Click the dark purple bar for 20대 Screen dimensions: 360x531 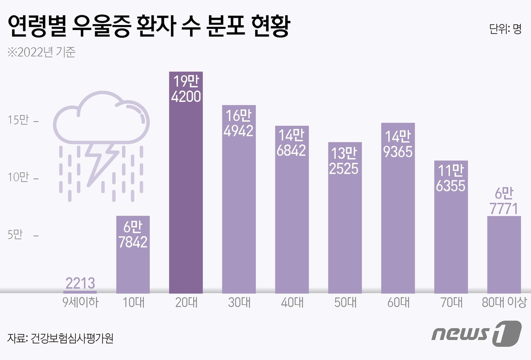pyautogui.click(x=186, y=197)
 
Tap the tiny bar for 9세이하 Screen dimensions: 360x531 pyautogui.click(x=80, y=292)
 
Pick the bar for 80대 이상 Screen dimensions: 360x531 pyautogui.click(x=504, y=258)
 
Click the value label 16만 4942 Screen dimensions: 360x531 pyautogui.click(x=239, y=123)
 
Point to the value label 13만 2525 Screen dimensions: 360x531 pyautogui.click(x=344, y=161)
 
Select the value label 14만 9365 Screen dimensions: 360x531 pyautogui.click(x=398, y=144)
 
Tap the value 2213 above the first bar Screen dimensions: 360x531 pyautogui.click(x=80, y=283)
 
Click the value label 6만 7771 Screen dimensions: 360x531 pyautogui.click(x=504, y=201)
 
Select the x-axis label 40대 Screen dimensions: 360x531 pyautogui.click(x=292, y=302)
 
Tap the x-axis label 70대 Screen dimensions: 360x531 pyautogui.click(x=451, y=302)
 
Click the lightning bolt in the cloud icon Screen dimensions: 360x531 pyautogui.click(x=101, y=161)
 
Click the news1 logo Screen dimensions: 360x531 pyautogui.click(x=476, y=333)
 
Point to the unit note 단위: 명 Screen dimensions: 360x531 pyautogui.click(x=505, y=29)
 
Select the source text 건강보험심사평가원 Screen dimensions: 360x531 pyautogui.click(x=72, y=338)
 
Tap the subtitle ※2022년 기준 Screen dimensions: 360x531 pyautogui.click(x=41, y=52)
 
